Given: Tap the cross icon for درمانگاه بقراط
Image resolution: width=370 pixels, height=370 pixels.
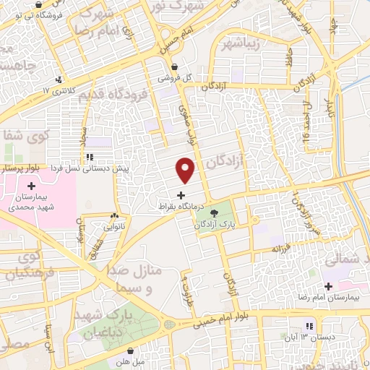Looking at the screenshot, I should [180, 195].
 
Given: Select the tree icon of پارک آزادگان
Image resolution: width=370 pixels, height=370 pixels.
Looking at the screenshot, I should [215, 212].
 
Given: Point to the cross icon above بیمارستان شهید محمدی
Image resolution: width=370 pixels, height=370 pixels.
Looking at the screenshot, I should [32, 186].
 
